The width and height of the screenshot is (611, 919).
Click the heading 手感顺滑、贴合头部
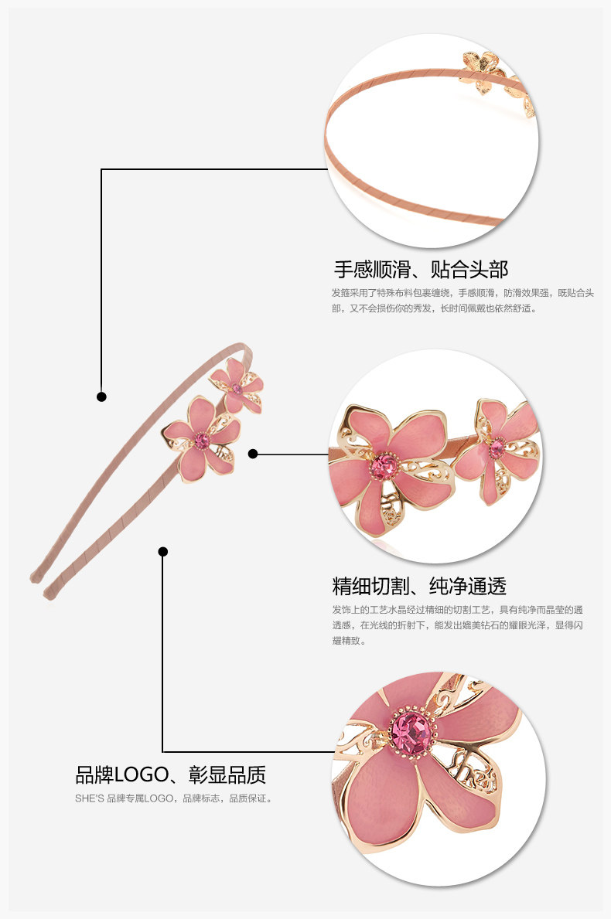[x=421, y=270]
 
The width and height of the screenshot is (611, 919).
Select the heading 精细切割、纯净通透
[x=419, y=585]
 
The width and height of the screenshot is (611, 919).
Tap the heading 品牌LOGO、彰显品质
[x=170, y=775]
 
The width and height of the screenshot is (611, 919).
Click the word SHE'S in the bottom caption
[x=90, y=798]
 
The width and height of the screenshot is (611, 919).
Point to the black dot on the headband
[x=101, y=397]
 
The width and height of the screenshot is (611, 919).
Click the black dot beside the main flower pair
[x=253, y=454]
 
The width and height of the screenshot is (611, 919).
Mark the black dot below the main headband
[x=162, y=551]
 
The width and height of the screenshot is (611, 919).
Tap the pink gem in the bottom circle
[x=411, y=731]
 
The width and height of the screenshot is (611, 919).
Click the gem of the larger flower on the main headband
[x=202, y=441]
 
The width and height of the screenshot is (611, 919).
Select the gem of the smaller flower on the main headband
[x=237, y=389]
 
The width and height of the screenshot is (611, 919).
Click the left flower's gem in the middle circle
[x=383, y=466]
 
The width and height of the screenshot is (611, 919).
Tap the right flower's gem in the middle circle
[x=496, y=447]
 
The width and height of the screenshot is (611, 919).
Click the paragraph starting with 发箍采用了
[x=463, y=300]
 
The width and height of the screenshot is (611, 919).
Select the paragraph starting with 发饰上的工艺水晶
[x=458, y=625]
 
